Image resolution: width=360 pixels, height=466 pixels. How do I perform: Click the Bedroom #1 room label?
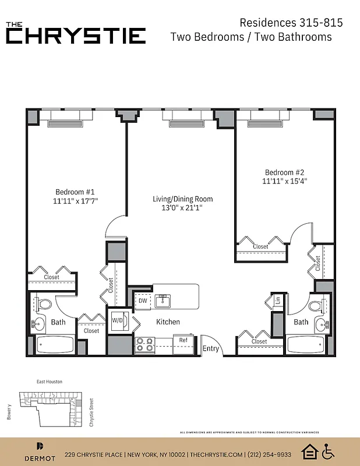pos(75,192)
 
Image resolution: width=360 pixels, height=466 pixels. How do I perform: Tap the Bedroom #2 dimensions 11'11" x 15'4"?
pos(284,181)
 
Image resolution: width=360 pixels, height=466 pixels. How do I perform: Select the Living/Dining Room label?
pos(182,199)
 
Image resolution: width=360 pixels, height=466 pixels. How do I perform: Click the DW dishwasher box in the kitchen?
pos(143,301)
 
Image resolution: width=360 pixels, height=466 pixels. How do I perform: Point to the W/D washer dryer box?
pos(117,320)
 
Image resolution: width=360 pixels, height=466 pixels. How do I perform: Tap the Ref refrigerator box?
pos(183,340)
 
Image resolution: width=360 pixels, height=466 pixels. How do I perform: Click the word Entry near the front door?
pos(211,348)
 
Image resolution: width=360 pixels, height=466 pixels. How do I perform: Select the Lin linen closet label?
pos(278,301)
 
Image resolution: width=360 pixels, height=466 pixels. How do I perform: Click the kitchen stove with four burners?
pos(144,345)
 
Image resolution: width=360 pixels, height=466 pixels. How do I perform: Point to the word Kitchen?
pos(168,322)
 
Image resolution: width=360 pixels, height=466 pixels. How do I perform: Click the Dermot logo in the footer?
pos(40,450)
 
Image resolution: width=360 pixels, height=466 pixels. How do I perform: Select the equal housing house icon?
pos(309,451)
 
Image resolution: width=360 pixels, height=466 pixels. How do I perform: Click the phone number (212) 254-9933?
pos(269,454)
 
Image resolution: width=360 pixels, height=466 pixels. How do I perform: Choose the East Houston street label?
pos(49,382)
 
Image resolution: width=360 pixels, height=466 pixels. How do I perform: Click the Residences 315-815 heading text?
pos(291,23)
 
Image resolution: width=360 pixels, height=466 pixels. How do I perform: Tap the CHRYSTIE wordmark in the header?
pos(76,36)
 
